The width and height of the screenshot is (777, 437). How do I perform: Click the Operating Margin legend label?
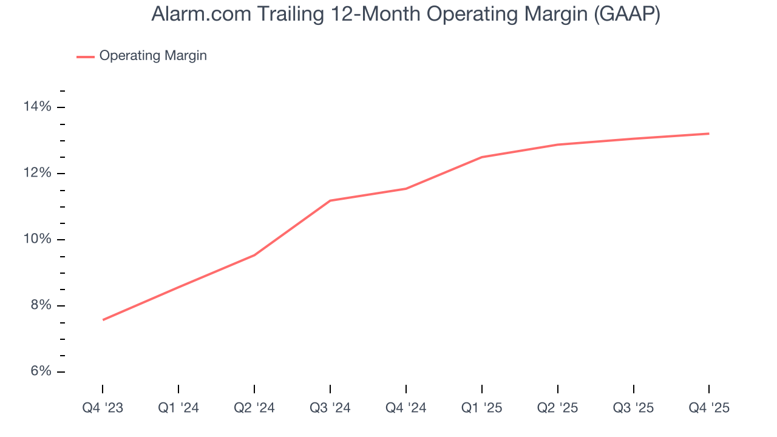[x=153, y=56]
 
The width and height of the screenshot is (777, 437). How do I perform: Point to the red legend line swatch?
[x=85, y=56]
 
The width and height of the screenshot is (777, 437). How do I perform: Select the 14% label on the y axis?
[x=38, y=107]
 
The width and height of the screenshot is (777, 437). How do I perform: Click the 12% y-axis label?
[x=38, y=174]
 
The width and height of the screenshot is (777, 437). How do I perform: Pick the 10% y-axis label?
[x=38, y=240]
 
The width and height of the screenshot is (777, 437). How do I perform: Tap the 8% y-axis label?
[x=40, y=306]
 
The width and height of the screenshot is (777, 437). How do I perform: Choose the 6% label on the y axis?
[x=40, y=372]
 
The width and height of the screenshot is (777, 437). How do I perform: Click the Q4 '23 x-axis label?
[x=103, y=408]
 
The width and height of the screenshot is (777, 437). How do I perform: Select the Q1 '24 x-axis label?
[x=178, y=408]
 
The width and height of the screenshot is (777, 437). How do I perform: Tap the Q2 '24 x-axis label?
[x=254, y=408]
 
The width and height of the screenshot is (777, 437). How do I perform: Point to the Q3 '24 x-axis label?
[x=330, y=408]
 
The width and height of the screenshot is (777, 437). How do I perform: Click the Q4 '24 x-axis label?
[x=406, y=408]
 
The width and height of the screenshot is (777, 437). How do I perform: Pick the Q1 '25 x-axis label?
[x=482, y=408]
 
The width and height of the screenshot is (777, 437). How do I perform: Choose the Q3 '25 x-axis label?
[x=634, y=408]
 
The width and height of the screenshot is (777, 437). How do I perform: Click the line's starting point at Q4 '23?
[x=103, y=320]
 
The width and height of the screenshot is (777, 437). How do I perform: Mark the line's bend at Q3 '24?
[x=330, y=200]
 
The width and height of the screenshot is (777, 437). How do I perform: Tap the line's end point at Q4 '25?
[x=708, y=134]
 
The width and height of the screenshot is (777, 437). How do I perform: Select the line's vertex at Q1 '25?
[x=481, y=157]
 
